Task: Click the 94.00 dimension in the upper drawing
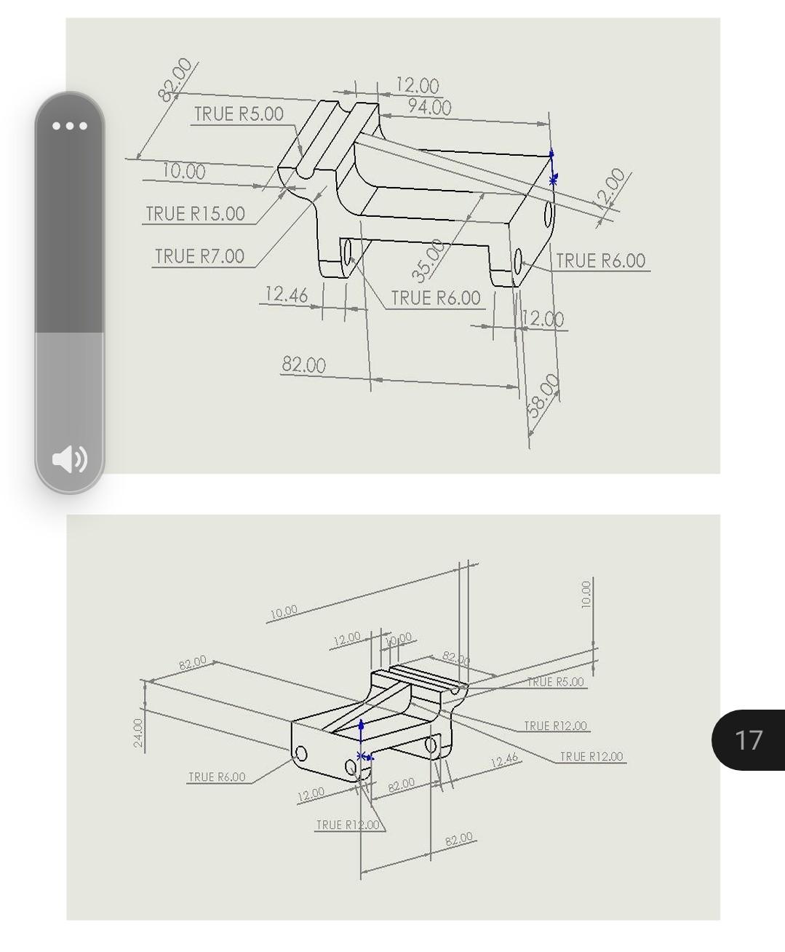pyautogui.click(x=429, y=107)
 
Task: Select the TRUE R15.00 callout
pyautogui.click(x=195, y=213)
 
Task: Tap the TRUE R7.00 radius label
pyautogui.click(x=199, y=256)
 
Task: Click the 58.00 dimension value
pyautogui.click(x=543, y=395)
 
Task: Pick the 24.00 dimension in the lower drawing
pyautogui.click(x=138, y=732)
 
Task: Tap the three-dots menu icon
pyautogui.click(x=70, y=126)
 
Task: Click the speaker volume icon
pyautogui.click(x=70, y=459)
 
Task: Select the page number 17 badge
pyautogui.click(x=749, y=739)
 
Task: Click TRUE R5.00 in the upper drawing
pyautogui.click(x=239, y=114)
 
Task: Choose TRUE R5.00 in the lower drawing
pyautogui.click(x=555, y=682)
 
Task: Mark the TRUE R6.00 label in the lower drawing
pyautogui.click(x=217, y=777)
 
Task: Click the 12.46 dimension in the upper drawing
pyautogui.click(x=286, y=294)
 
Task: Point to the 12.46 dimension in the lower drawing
pyautogui.click(x=504, y=761)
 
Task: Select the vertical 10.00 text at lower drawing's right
pyautogui.click(x=586, y=594)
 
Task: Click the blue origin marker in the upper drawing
pyautogui.click(x=552, y=167)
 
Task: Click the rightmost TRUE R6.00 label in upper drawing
pyautogui.click(x=600, y=261)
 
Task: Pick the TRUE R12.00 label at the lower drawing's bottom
pyautogui.click(x=348, y=825)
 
